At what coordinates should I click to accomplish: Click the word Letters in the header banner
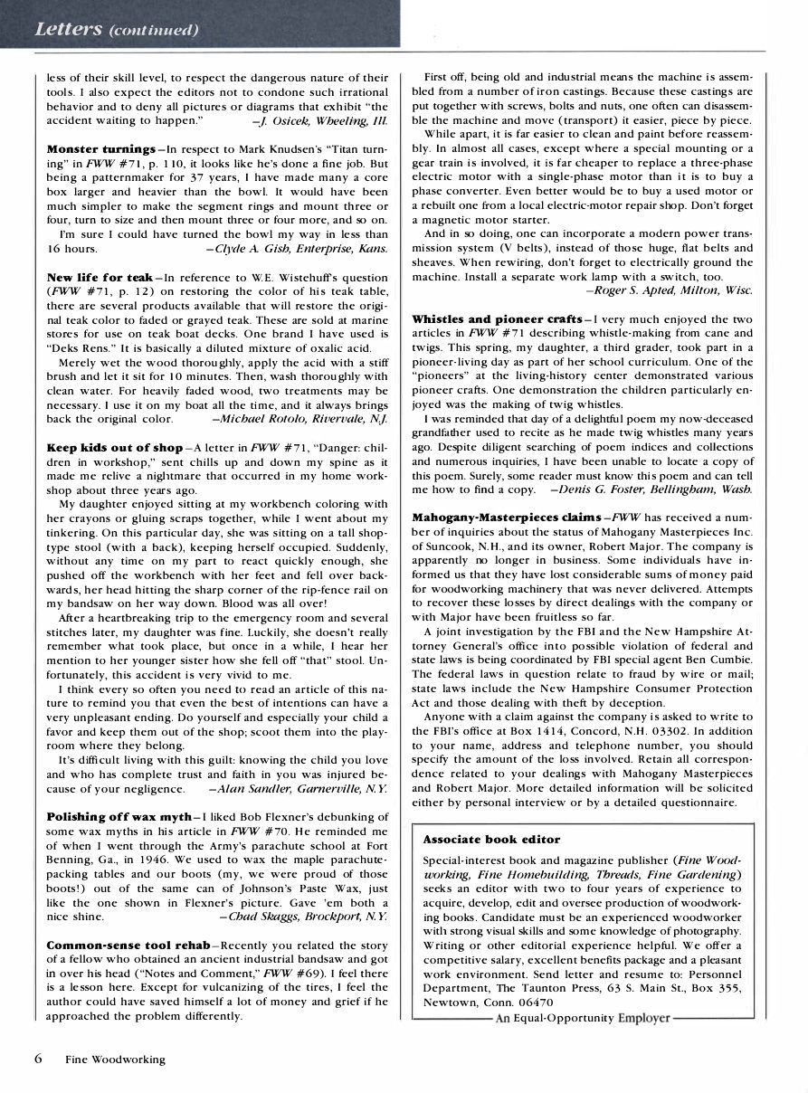click(x=68, y=28)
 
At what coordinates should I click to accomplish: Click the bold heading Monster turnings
click(x=100, y=148)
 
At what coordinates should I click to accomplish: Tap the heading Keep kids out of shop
click(x=114, y=447)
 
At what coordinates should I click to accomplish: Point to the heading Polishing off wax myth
click(x=119, y=817)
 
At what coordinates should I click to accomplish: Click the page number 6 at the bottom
click(x=38, y=1057)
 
